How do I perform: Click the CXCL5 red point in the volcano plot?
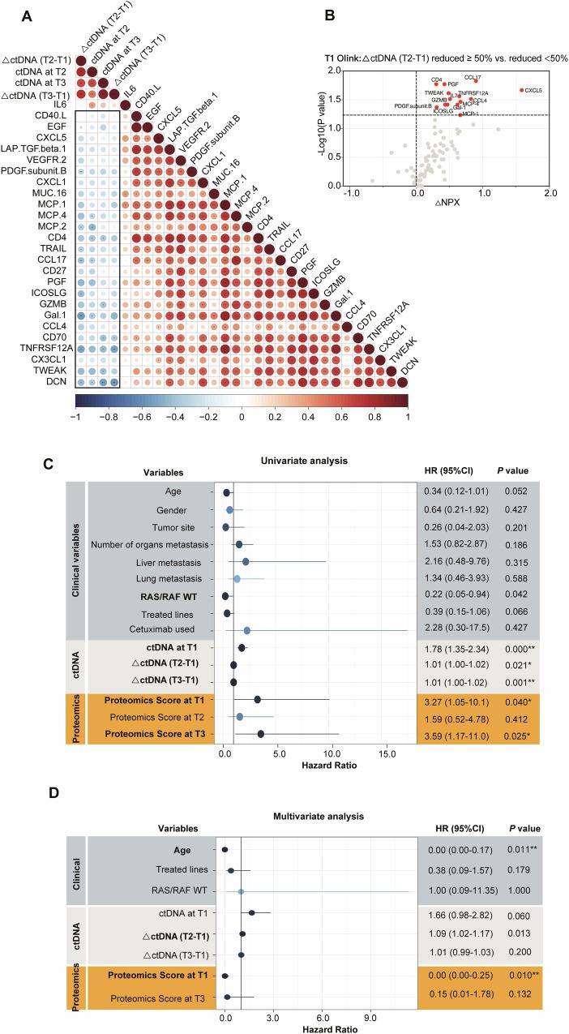521,90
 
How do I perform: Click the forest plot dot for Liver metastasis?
246,561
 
